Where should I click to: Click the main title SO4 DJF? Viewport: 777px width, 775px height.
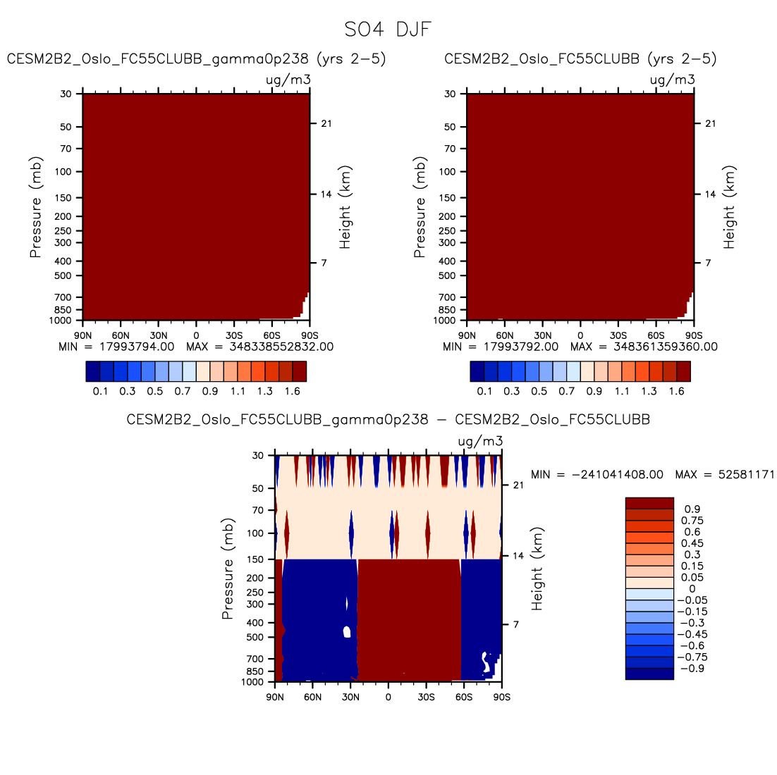point(387,30)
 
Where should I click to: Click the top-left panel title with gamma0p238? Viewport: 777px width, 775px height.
point(196,59)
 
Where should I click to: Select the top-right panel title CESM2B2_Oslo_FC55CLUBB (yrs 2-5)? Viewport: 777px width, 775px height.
point(580,59)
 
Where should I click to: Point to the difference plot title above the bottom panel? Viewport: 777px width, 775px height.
point(388,420)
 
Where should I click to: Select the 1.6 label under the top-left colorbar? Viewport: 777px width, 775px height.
point(292,392)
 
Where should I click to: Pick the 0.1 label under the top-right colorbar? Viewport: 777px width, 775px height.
point(484,392)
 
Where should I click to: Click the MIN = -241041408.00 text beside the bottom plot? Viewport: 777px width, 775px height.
point(596,475)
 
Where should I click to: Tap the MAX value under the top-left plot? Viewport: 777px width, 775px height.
point(260,347)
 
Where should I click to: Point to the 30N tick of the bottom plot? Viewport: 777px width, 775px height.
point(350,697)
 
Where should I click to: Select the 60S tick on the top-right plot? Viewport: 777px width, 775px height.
point(656,335)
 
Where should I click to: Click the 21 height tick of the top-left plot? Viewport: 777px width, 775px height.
point(326,123)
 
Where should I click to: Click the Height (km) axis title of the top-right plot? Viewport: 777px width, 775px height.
point(729,208)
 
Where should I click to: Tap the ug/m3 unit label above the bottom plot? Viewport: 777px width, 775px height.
point(480,442)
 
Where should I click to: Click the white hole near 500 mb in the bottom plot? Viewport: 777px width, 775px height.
point(347,631)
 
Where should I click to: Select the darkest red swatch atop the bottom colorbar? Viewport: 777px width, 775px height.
point(649,503)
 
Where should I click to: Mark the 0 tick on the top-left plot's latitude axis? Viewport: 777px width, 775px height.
point(196,335)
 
